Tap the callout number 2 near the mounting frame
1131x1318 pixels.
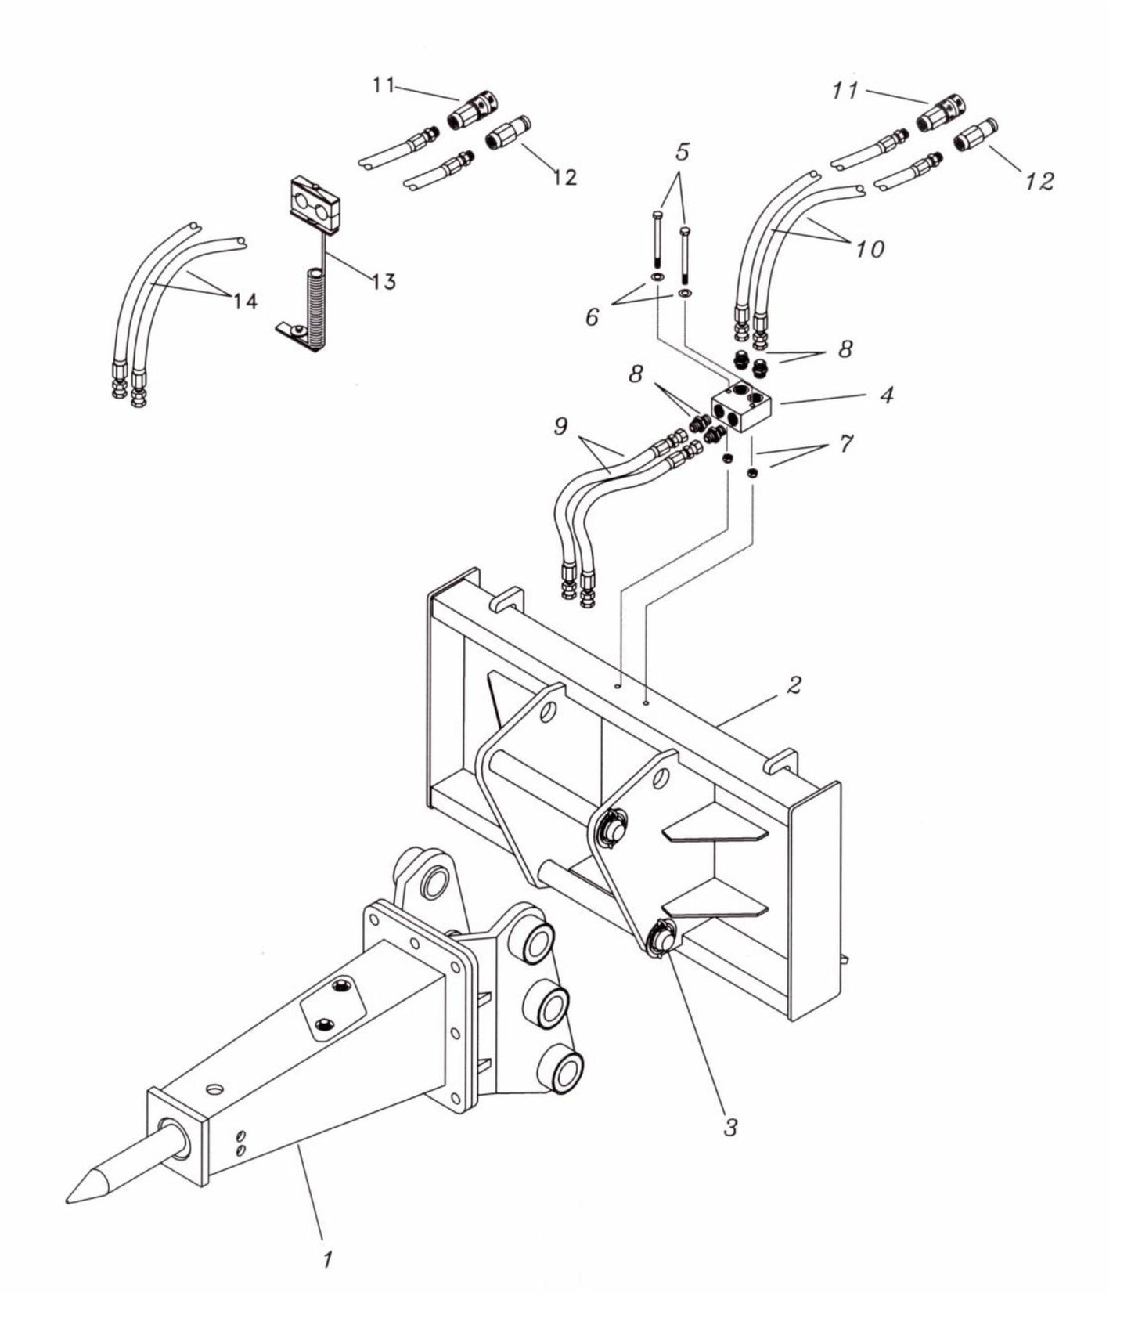tap(794, 686)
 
